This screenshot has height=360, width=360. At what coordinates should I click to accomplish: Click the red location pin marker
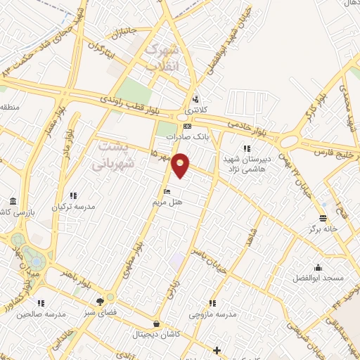[181, 165]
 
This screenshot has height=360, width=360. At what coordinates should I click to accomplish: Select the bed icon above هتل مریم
[167, 191]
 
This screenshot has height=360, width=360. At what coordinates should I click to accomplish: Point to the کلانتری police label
[195, 111]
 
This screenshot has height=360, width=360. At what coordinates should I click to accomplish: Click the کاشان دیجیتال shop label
[156, 335]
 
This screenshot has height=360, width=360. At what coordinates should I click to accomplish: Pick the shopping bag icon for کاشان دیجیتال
[156, 324]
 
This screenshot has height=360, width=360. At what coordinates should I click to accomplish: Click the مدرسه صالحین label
[40, 313]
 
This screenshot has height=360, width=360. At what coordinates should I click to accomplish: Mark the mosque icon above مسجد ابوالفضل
[319, 267]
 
